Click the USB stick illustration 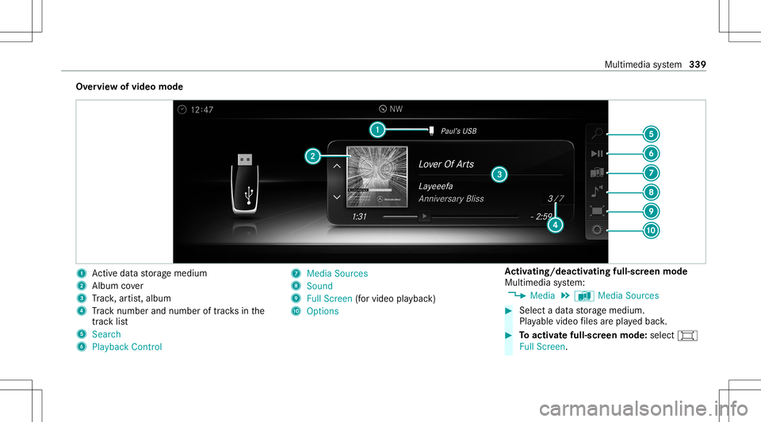[x=245, y=184]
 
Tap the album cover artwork [x=377, y=177]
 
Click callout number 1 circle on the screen [x=377, y=130]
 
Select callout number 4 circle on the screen [x=555, y=225]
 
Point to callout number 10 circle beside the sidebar [x=651, y=230]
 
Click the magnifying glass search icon [x=598, y=133]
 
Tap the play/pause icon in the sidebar [x=597, y=154]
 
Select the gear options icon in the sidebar [x=597, y=230]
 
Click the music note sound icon [x=597, y=192]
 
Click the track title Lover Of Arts [x=446, y=164]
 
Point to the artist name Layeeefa [x=436, y=187]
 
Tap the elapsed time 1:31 [x=359, y=217]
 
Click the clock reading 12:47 [x=202, y=110]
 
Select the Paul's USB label [x=459, y=131]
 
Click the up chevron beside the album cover [x=337, y=166]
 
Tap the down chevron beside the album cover [x=337, y=196]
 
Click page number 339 [x=698, y=64]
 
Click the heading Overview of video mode [x=129, y=87]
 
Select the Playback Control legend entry [x=127, y=347]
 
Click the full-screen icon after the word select [x=687, y=335]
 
